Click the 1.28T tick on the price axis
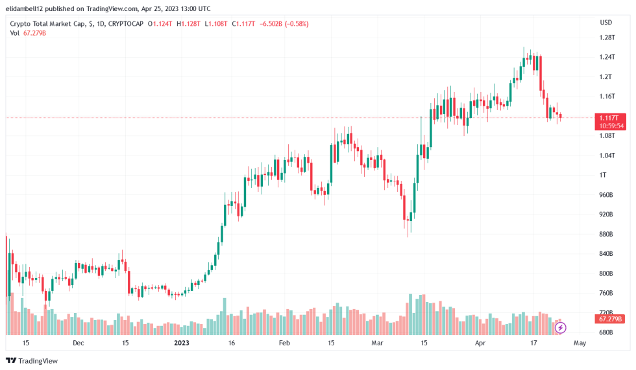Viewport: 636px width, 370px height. pos(607,38)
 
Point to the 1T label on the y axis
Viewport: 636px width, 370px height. pos(603,175)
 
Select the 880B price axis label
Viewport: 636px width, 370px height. pos(607,234)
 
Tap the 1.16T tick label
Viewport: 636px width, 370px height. pos(607,97)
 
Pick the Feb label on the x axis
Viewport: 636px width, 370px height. pos(283,343)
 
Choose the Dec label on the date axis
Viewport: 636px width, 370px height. pos(78,343)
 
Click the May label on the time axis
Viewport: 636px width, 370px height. pos(580,343)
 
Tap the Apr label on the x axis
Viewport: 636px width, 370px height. pos(480,343)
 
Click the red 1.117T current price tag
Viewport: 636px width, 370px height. pos(611,117)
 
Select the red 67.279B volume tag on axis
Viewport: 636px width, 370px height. pos(611,319)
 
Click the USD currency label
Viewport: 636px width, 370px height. pos(606,23)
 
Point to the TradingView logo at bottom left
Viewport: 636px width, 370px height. pos(32,360)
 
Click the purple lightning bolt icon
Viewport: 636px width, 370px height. pos(561,328)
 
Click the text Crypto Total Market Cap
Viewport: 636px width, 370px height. pos(47,24)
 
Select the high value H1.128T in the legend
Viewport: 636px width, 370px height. pos(190,24)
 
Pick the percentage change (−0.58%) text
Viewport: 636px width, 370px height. pos(291,24)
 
